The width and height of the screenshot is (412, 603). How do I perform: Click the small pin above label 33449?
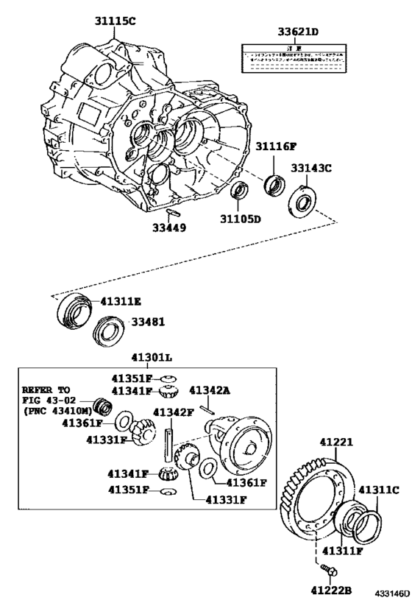(174, 213)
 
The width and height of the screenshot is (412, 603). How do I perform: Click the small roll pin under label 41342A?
(211, 411)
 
